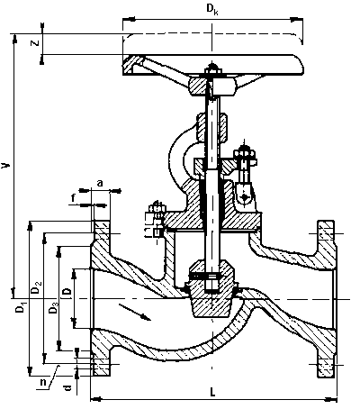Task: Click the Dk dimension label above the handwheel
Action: [x=212, y=9]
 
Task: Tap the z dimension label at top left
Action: [x=35, y=43]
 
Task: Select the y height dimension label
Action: [x=5, y=165]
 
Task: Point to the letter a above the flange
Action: [x=100, y=183]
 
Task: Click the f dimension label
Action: [x=73, y=198]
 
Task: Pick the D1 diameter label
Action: [x=21, y=309]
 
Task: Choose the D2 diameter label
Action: [x=36, y=287]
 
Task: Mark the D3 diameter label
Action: [x=53, y=308]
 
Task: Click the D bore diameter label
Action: [x=67, y=292]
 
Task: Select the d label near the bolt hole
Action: [x=68, y=387]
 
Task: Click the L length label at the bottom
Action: [x=212, y=392]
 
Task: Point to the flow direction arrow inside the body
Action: [x=135, y=313]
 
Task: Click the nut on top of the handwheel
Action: [x=212, y=71]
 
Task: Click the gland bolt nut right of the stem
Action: [x=245, y=154]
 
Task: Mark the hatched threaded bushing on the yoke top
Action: [x=211, y=126]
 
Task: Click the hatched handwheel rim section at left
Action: [x=132, y=65]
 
